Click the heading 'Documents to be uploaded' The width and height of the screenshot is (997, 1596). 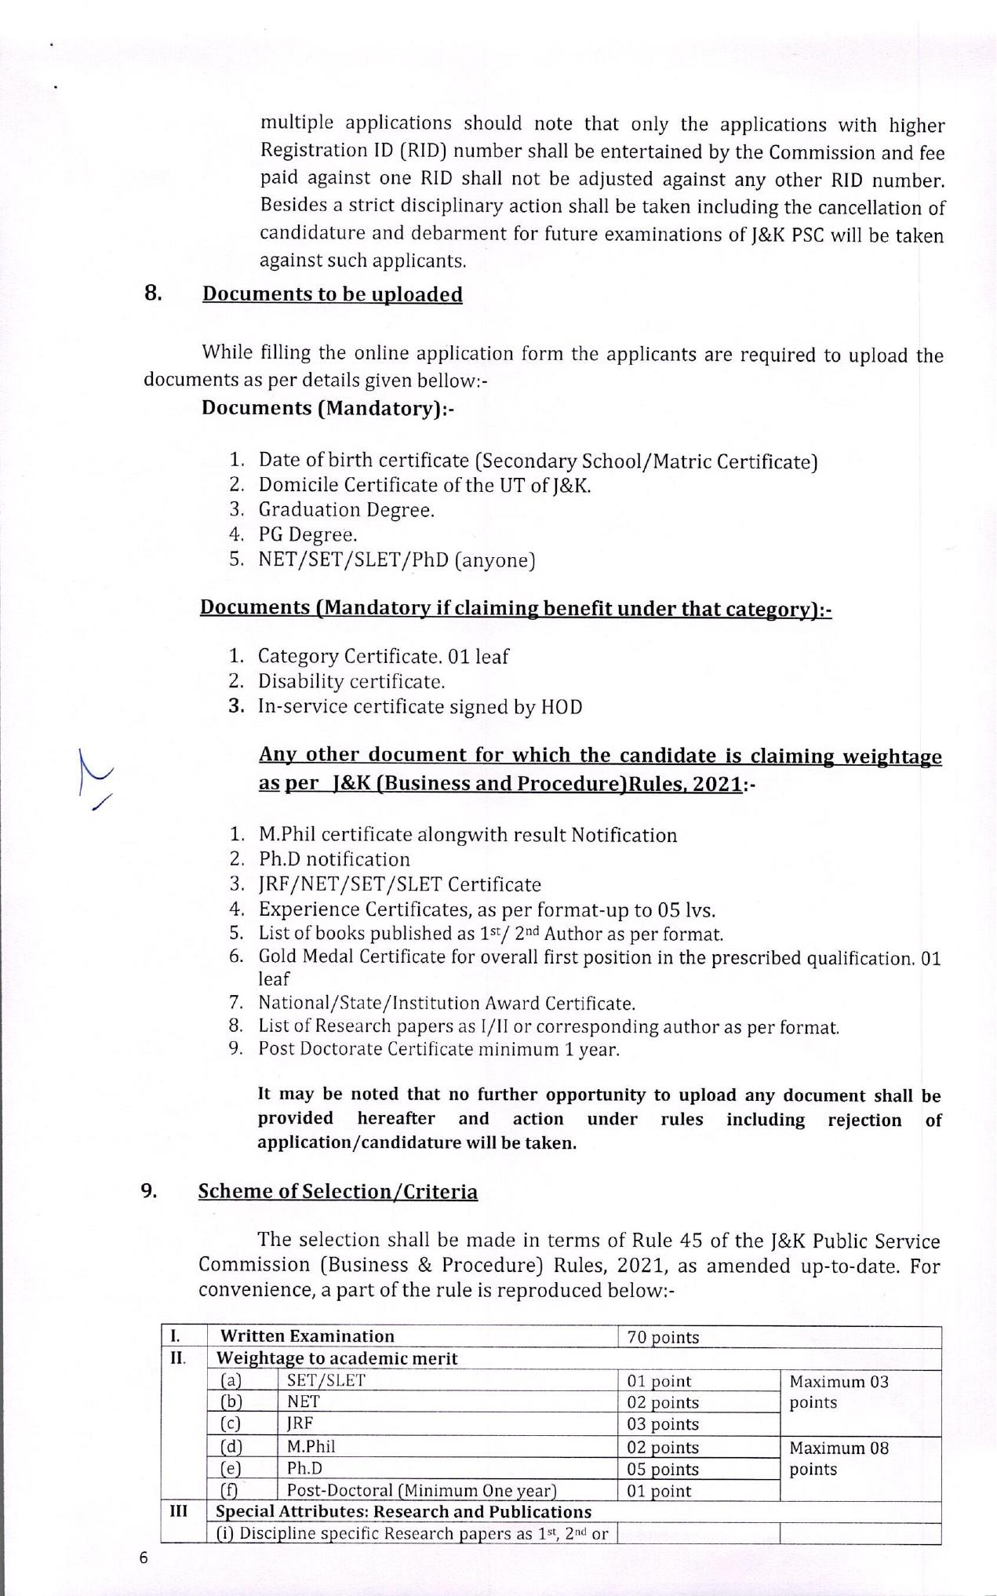point(332,294)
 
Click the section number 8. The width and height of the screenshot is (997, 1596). point(153,293)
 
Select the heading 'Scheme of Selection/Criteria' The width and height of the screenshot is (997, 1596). point(337,1191)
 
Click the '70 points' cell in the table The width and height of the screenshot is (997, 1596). point(663,1337)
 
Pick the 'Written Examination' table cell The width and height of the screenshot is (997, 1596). point(307,1336)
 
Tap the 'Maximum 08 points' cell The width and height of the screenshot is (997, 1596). point(839,1458)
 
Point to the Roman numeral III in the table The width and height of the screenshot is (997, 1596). point(179,1510)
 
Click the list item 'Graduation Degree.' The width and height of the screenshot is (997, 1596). point(346,510)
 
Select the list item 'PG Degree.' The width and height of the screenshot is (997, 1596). point(307,535)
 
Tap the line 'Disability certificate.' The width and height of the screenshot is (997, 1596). point(351,681)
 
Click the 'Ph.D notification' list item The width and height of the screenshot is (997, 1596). point(334,859)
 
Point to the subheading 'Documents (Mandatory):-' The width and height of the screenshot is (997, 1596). point(328,408)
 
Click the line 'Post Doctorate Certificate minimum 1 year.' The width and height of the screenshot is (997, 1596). point(438,1049)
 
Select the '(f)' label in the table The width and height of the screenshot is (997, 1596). point(228,1490)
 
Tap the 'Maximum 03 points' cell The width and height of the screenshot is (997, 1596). point(839,1392)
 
